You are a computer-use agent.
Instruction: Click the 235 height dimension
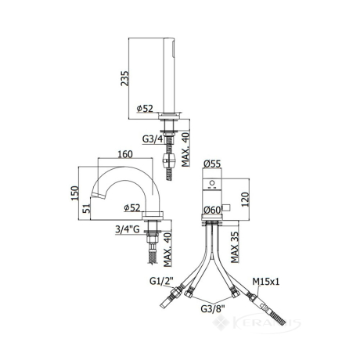click(x=124, y=78)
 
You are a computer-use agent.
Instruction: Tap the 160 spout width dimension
click(x=125, y=154)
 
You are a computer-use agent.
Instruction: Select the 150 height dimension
click(x=75, y=193)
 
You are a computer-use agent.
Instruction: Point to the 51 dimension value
click(x=87, y=208)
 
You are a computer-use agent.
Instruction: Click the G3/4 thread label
click(x=153, y=139)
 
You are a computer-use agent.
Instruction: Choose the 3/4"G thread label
click(x=128, y=229)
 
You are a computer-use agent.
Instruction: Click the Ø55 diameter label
click(x=212, y=164)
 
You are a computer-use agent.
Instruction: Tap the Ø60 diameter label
click(x=213, y=210)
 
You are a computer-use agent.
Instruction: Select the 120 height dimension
click(x=245, y=200)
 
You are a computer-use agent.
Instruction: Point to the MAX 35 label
click(x=235, y=247)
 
